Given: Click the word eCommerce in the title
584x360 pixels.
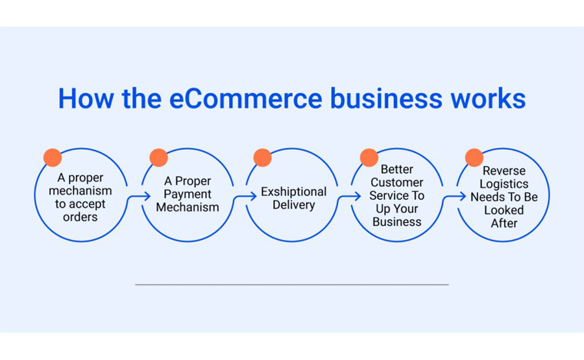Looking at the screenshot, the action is [246, 99].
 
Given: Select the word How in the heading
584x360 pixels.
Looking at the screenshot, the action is [86, 99].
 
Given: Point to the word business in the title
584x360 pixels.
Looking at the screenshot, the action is [386, 99].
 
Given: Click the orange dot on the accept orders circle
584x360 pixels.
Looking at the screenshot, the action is [53, 158].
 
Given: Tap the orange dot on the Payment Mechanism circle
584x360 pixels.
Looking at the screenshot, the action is [159, 158].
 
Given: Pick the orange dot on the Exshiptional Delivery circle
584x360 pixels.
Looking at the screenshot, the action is [263, 158].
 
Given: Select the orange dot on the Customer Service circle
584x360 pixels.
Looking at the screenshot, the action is [369, 158].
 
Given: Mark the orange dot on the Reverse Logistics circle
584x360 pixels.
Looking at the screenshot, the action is [474, 158].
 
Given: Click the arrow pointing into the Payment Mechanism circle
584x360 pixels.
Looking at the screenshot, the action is [139, 196].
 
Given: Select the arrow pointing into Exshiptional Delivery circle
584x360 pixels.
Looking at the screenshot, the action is [245, 196].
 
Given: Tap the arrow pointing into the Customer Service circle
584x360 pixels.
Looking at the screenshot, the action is [349, 196].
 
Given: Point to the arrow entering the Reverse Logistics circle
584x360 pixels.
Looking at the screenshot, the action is [454, 196].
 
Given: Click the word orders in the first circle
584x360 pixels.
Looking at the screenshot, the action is [80, 217].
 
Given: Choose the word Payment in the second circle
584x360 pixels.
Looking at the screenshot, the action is [188, 195].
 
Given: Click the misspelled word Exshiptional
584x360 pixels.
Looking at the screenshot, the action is [293, 192].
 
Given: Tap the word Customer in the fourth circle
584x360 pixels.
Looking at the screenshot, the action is [396, 182].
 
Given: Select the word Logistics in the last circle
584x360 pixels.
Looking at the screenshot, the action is [504, 184].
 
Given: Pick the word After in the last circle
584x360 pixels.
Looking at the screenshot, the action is [504, 223].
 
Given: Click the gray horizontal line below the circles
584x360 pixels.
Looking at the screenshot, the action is [292, 284].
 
